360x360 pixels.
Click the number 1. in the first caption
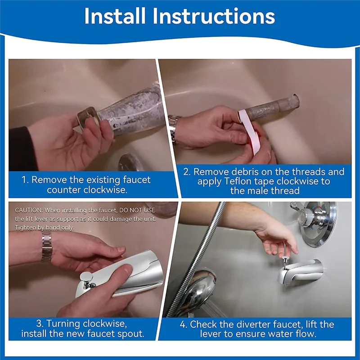[26, 180]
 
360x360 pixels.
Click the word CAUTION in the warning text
[28, 210]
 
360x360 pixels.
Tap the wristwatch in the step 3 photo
[46, 246]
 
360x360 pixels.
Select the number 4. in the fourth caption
[183, 324]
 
